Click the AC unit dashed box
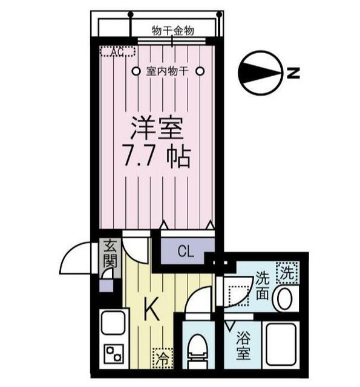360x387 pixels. pos(118,51)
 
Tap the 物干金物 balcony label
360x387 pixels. pos(172,31)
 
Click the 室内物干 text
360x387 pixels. pos(168,71)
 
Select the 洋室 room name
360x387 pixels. pos(157,128)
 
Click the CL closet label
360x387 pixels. pos(186,252)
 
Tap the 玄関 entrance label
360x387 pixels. pos(110,254)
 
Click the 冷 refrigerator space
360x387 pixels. pos(163,359)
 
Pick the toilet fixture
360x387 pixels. pos(197,351)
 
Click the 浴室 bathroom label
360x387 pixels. pos(243,345)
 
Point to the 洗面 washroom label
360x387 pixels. pos(262,286)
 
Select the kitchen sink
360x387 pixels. pos(114,323)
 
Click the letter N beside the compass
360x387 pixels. pos(293,73)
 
